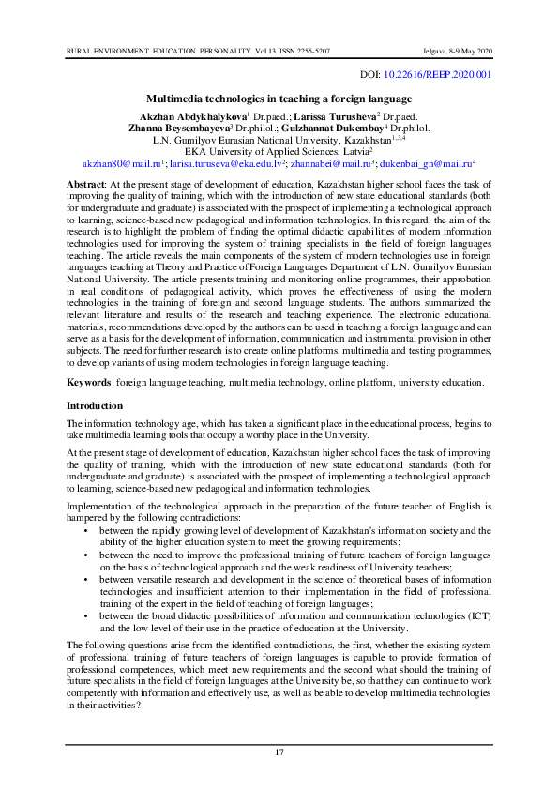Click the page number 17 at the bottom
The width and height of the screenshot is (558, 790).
tap(279, 753)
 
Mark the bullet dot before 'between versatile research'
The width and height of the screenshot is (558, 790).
tap(87, 581)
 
